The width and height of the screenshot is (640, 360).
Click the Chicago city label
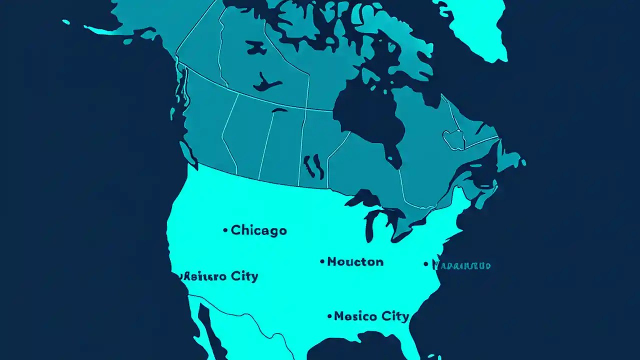[258, 230]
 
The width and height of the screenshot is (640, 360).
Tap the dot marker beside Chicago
[225, 230]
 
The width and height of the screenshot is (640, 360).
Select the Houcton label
[355, 261]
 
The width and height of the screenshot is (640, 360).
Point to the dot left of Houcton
[322, 261]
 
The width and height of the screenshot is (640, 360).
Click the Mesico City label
[371, 316]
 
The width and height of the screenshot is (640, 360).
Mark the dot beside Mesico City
[329, 316]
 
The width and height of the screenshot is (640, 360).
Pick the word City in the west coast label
[244, 276]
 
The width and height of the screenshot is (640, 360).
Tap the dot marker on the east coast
[426, 264]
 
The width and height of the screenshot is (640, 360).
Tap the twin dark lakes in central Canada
[313, 166]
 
